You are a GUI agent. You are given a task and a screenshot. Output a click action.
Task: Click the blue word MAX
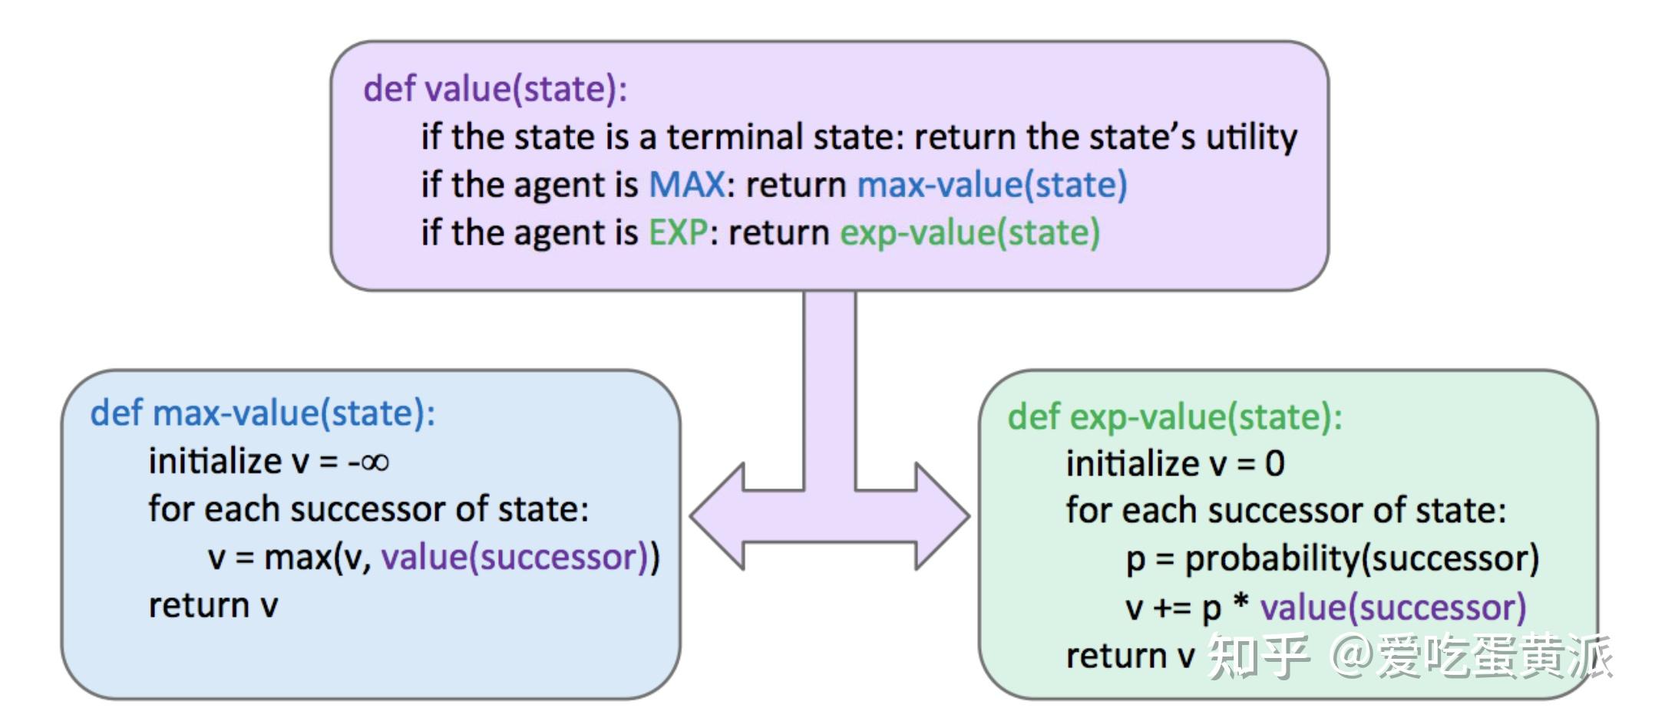click(x=686, y=185)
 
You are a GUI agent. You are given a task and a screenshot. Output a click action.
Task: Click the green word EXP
click(x=677, y=232)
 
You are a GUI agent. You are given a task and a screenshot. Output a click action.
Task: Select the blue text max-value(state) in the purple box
click(x=992, y=185)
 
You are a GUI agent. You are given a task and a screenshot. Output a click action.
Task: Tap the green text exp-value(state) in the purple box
click(x=970, y=232)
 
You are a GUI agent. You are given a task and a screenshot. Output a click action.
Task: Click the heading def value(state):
click(x=495, y=89)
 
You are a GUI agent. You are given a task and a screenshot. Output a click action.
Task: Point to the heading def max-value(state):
click(x=263, y=413)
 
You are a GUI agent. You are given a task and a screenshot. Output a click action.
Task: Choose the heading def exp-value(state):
click(x=1174, y=417)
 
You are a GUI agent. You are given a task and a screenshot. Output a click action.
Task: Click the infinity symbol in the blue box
click(x=375, y=462)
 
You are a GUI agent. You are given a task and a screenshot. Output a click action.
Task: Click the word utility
click(x=1251, y=137)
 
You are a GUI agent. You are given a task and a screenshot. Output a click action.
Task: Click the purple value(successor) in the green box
click(x=1392, y=608)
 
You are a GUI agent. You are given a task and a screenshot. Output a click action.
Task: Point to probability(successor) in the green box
click(x=1361, y=559)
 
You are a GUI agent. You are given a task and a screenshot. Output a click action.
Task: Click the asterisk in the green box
click(x=1240, y=604)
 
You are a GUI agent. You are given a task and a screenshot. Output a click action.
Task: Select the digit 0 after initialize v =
click(x=1274, y=464)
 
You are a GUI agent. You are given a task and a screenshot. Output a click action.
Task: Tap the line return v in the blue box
click(x=213, y=606)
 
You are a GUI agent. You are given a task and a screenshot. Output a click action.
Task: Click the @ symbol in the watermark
click(x=1351, y=656)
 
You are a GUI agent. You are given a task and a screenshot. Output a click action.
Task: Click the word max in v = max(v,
click(x=298, y=558)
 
